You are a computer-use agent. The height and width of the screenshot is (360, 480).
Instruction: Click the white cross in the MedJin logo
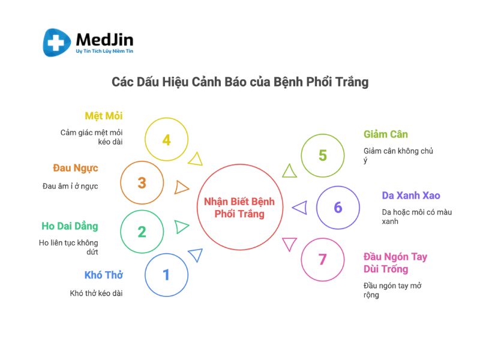[56, 43]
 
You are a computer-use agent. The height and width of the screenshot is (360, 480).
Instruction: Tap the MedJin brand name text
[104, 40]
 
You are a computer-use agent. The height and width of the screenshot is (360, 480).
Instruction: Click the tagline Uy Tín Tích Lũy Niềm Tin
[104, 51]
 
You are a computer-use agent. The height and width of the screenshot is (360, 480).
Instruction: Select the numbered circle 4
[167, 118]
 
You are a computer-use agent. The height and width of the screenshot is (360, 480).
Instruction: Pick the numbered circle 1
[167, 253]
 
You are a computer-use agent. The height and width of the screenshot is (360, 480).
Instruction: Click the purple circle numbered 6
[338, 186]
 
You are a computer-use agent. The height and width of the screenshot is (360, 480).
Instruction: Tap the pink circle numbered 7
[323, 238]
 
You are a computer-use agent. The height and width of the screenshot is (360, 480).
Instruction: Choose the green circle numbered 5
[323, 134]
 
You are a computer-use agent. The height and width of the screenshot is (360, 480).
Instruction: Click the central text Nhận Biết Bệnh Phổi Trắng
[239, 208]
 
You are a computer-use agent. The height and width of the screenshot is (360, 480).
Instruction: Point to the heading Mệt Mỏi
[104, 116]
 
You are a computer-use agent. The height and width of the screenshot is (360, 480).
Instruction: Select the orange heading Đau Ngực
[76, 168]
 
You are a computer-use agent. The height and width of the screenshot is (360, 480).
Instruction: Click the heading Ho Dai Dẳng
[70, 226]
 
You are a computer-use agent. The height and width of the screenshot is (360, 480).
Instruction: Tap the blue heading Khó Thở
[103, 275]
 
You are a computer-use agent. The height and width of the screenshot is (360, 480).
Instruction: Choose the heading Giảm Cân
[386, 134]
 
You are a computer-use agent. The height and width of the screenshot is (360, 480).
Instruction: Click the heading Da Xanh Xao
[411, 196]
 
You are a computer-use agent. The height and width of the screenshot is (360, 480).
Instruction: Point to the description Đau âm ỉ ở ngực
[70, 186]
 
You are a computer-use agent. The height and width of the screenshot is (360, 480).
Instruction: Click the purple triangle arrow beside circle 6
[300, 208]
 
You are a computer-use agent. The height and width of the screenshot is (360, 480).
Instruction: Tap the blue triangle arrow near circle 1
[196, 254]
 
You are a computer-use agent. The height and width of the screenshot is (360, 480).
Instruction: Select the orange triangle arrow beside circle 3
[181, 187]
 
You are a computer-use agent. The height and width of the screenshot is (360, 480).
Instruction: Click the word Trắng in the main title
[352, 82]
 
